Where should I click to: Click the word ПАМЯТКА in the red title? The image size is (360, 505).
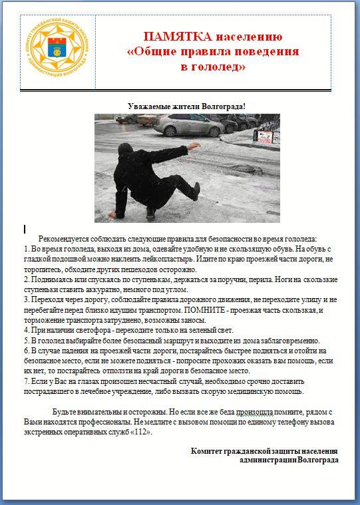click(x=178, y=37)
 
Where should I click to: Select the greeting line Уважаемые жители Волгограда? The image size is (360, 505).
click(x=186, y=106)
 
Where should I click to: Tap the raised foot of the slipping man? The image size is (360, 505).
click(x=196, y=191)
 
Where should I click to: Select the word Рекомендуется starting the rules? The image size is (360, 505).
click(x=63, y=239)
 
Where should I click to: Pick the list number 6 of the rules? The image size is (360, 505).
click(x=27, y=351)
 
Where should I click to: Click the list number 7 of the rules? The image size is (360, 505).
click(x=27, y=381)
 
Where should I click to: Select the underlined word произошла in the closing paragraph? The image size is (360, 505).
click(x=255, y=412)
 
